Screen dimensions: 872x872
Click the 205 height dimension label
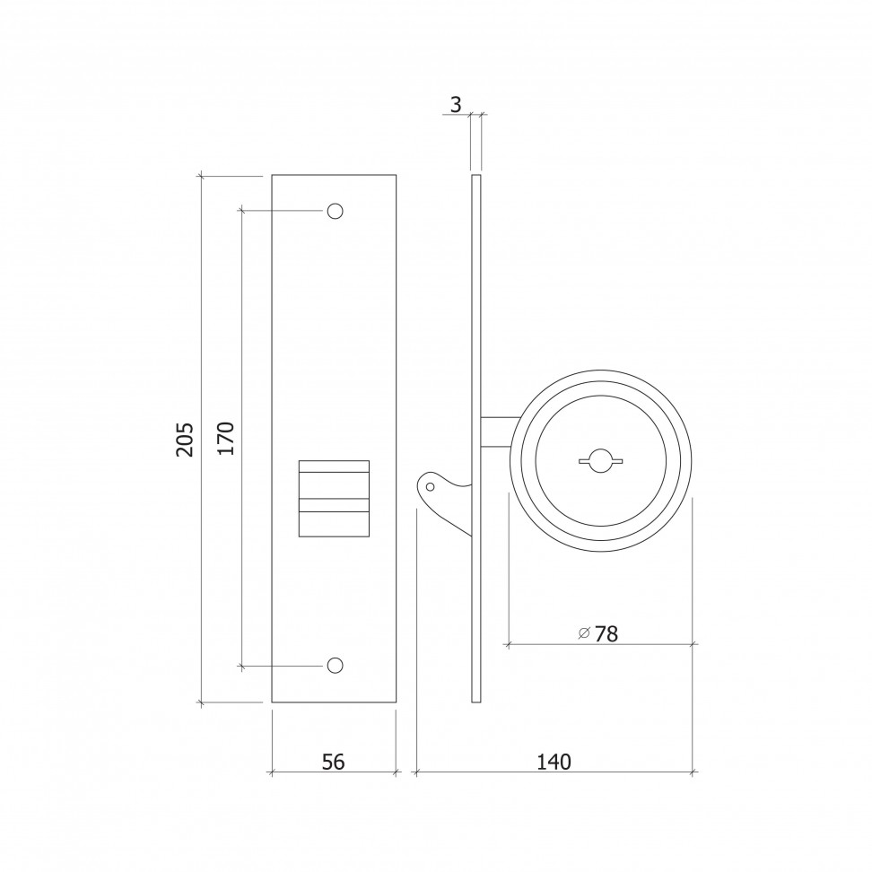coord(185,440)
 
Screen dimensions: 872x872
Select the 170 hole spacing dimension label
coord(226,439)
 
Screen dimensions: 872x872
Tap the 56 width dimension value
coord(333,762)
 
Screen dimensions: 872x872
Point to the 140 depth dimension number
coord(554,762)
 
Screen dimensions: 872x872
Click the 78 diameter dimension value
coord(606,634)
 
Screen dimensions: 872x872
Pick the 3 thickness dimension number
coord(456,105)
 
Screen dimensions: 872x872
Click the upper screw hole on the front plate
coord(335,212)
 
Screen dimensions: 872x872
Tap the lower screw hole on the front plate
coord(335,665)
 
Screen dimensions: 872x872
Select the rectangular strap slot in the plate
coord(335,498)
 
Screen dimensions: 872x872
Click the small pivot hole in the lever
coord(430,487)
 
